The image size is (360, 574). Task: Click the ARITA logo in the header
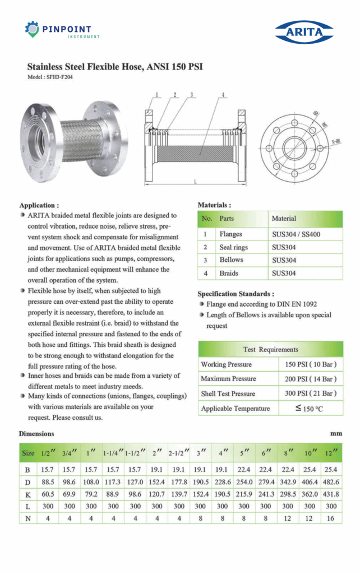[x=304, y=32]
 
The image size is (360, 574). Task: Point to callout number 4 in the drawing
[x=223, y=95]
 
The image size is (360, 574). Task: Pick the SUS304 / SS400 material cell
[x=296, y=234]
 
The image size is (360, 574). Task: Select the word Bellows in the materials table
[x=231, y=260]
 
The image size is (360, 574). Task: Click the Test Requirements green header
[x=270, y=349]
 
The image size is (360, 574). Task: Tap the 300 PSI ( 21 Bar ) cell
[x=310, y=394]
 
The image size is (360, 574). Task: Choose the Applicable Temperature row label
[x=235, y=409]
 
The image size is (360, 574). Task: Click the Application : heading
[x=39, y=205]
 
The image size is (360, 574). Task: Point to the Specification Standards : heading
[x=236, y=294]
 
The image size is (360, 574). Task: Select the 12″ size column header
[x=331, y=452]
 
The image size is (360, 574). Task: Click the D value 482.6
[x=331, y=482]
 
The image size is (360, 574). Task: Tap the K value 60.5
[x=47, y=495]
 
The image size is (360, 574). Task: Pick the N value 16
[x=331, y=519]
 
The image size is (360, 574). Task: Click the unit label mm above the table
[x=336, y=434]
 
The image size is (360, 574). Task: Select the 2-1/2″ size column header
[x=179, y=452]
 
